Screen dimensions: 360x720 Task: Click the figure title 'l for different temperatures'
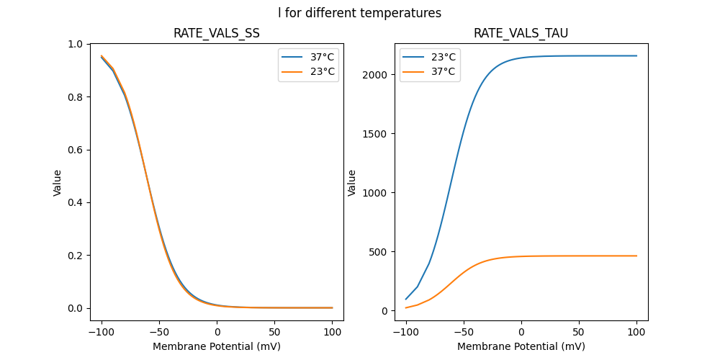pos(359,13)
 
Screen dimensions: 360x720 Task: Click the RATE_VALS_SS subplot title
pos(217,34)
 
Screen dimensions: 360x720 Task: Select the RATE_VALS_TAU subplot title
pos(521,34)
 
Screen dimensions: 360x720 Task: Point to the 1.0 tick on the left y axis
pos(76,44)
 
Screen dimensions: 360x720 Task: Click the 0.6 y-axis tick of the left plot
pos(76,150)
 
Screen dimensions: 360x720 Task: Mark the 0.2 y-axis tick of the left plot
pos(76,256)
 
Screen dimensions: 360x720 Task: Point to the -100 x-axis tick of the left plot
pos(101,332)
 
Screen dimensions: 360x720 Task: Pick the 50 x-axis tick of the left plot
pos(275,332)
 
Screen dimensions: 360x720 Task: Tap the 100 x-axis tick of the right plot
pos(636,332)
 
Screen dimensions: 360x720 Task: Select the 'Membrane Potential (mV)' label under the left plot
pos(217,346)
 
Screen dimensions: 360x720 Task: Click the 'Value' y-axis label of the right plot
pos(352,182)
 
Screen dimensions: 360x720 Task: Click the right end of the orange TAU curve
pos(636,256)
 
